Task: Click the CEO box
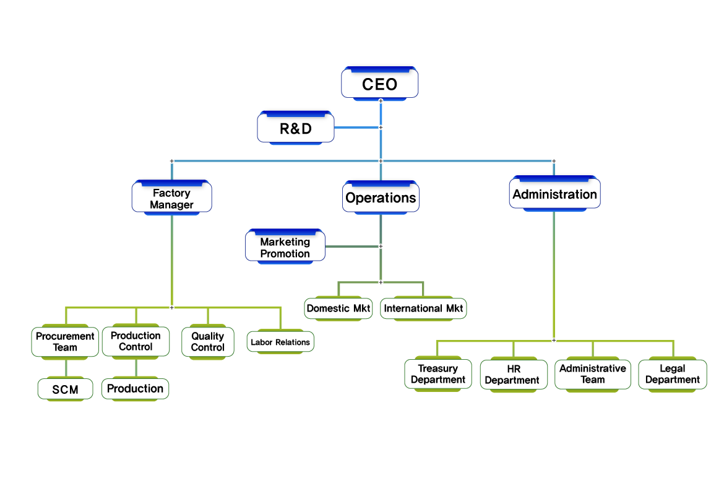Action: (380, 83)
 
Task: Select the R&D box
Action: (296, 129)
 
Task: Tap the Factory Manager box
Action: (172, 199)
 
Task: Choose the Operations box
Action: (381, 198)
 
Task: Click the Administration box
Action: (554, 194)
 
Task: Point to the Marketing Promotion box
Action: (285, 248)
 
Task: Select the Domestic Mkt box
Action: (339, 308)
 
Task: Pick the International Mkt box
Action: (423, 308)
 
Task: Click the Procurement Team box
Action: (65, 342)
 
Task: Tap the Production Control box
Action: (136, 341)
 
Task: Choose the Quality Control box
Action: (208, 342)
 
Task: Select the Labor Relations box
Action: (280, 342)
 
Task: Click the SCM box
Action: (65, 390)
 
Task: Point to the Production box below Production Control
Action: (136, 389)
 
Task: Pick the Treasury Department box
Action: (438, 374)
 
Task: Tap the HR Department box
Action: (514, 375)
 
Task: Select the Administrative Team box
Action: (593, 373)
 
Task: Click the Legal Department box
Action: (673, 374)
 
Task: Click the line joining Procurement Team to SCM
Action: (65, 368)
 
